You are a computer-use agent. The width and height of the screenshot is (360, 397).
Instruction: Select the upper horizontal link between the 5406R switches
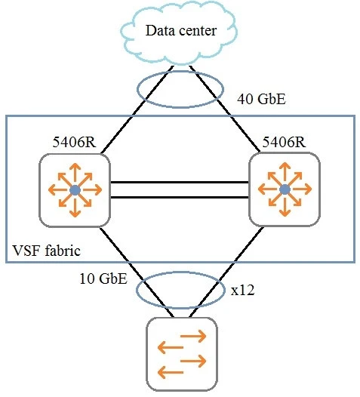coord(179,182)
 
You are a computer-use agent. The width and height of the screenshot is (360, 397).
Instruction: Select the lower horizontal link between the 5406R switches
coord(179,197)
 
